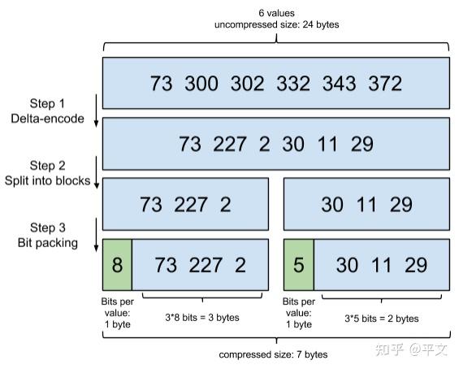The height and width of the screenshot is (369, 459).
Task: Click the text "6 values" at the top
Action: pyautogui.click(x=276, y=11)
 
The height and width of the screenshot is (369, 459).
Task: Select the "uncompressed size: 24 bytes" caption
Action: pyautogui.click(x=276, y=24)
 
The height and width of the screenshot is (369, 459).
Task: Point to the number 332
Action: pyautogui.click(x=294, y=83)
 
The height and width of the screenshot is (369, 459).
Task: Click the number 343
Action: pyautogui.click(x=339, y=83)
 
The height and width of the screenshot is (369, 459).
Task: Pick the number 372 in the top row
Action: pyautogui.click(x=384, y=83)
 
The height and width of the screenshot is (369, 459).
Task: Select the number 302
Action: pyautogui.click(x=248, y=83)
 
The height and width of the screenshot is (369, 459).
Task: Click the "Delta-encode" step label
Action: pyautogui.click(x=48, y=119)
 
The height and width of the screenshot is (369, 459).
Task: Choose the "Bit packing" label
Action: pyautogui.click(x=48, y=243)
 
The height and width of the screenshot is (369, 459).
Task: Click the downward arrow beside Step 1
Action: pyautogui.click(x=96, y=112)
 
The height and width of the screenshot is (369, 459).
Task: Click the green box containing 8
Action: pyautogui.click(x=116, y=265)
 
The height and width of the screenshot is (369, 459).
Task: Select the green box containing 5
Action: pyautogui.click(x=298, y=265)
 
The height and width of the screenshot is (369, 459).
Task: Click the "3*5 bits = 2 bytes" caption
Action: pyautogui.click(x=381, y=318)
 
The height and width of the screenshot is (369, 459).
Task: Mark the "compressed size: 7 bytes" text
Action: pyautogui.click(x=274, y=354)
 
